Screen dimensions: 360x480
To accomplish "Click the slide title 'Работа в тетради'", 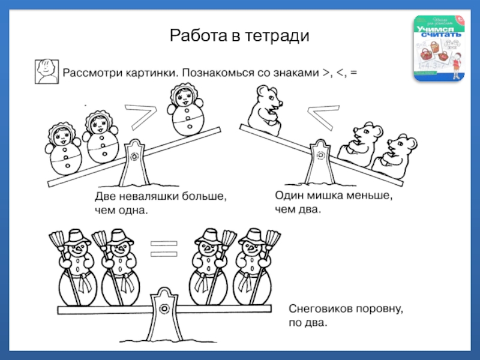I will pyautogui.click(x=239, y=36).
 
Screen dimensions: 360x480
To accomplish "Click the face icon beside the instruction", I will pyautogui.click(x=46, y=71).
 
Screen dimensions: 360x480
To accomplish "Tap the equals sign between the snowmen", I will pyautogui.click(x=161, y=248).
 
